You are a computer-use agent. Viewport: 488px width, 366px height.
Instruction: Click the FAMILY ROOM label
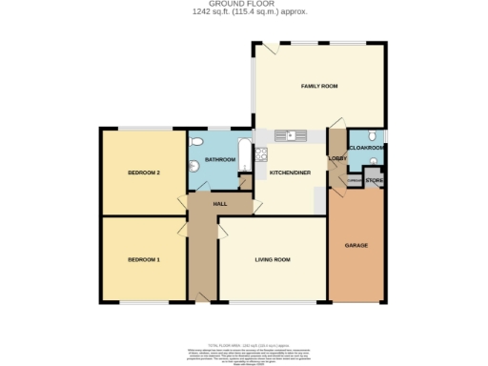(x=320, y=87)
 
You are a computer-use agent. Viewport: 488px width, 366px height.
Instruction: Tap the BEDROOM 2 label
(x=143, y=173)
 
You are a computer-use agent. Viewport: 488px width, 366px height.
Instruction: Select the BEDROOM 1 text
(x=143, y=259)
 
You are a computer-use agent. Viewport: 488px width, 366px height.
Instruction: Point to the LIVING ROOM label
(x=273, y=259)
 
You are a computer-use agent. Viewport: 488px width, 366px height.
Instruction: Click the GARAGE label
(x=356, y=245)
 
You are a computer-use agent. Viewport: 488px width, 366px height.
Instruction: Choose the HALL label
(x=218, y=204)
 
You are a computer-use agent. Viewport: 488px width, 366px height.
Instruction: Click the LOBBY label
(x=336, y=159)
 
